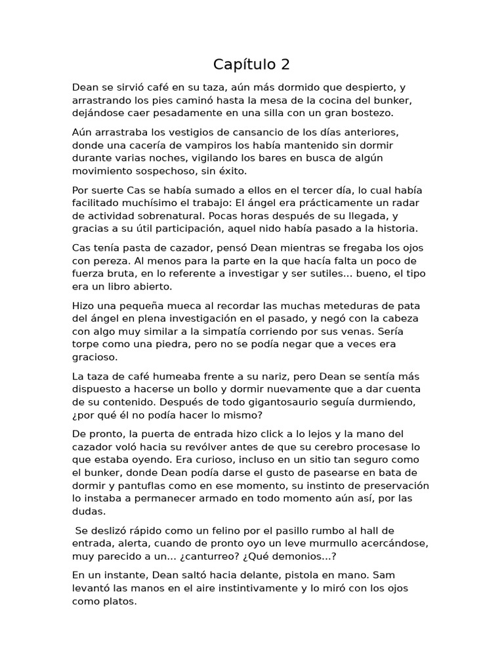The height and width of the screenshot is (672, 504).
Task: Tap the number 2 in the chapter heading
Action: click(x=285, y=64)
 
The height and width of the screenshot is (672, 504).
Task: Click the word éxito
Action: click(x=232, y=171)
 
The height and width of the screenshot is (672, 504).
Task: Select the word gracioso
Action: click(x=95, y=357)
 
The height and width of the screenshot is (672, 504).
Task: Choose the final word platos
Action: click(x=118, y=600)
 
